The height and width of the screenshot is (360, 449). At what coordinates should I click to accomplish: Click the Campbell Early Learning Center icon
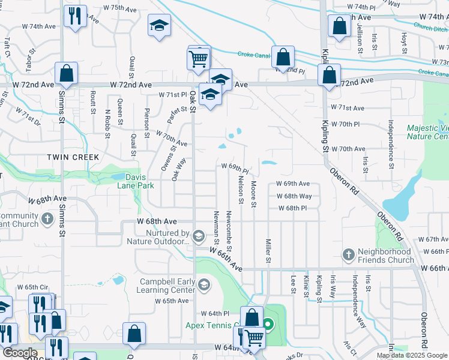[x=204, y=284]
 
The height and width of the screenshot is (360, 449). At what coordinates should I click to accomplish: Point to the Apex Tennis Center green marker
[x=268, y=326]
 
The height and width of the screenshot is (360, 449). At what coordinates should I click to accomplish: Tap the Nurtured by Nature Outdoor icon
[x=199, y=234]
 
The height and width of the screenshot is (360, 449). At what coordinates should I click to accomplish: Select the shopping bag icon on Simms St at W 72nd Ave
[x=66, y=74]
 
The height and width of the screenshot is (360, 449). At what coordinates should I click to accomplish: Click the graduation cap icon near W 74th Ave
[x=159, y=26]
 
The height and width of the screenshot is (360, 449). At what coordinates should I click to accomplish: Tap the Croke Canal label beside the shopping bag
[x=253, y=55]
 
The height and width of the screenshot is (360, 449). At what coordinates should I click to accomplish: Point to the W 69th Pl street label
[x=235, y=166]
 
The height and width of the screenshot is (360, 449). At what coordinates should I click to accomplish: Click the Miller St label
[x=268, y=251]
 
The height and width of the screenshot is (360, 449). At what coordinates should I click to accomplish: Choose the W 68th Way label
[x=294, y=196]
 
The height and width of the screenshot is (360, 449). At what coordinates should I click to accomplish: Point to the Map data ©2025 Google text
[x=412, y=355]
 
